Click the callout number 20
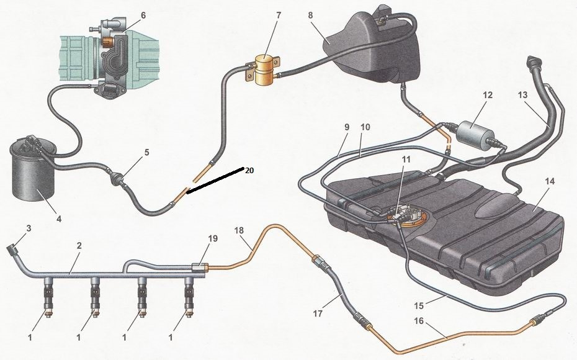(249, 169)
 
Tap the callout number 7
(279, 14)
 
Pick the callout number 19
(214, 238)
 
